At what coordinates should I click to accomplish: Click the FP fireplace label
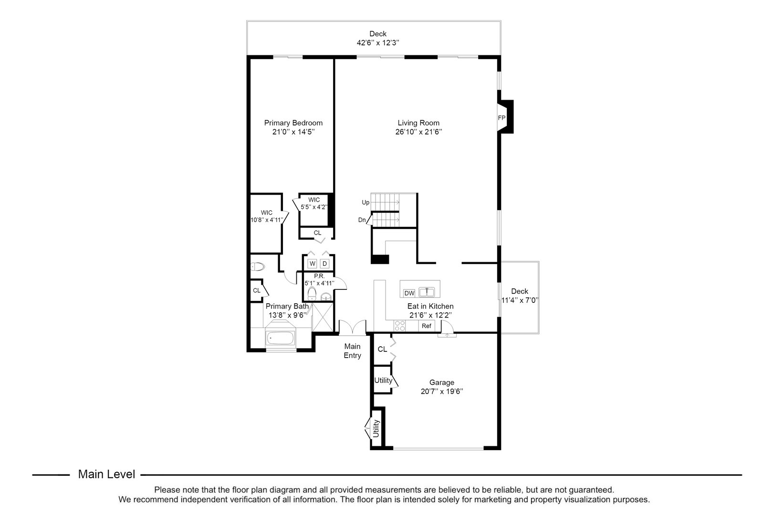pos(501,118)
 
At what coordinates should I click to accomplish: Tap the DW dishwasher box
pos(409,293)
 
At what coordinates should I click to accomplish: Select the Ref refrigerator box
pos(427,326)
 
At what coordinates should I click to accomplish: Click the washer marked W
pos(313,263)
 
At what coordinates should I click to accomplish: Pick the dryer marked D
pos(325,263)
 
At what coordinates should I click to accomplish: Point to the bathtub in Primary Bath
pos(280,339)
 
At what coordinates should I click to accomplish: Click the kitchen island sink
pos(427,291)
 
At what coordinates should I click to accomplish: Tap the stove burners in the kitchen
pos(399,326)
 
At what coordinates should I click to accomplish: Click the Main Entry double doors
pos(352,328)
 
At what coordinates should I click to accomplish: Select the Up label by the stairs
pos(366,202)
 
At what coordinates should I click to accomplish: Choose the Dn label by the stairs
pos(362,220)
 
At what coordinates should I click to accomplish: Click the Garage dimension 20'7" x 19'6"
pos(441,391)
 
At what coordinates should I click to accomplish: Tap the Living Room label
pos(418,123)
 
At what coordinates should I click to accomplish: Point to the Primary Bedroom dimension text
pos(293,132)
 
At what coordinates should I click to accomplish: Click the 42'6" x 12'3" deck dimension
pos(377,42)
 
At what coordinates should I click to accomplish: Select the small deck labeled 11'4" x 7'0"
pos(519,296)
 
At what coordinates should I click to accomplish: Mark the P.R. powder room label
pos(319,276)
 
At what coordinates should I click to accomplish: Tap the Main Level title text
pos(106,474)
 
